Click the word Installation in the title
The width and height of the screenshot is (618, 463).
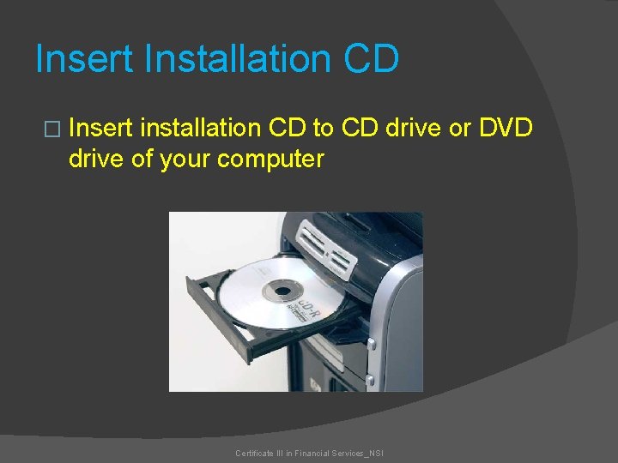238,59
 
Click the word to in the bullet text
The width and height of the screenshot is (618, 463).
323,129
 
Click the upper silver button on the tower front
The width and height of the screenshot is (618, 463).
371,346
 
